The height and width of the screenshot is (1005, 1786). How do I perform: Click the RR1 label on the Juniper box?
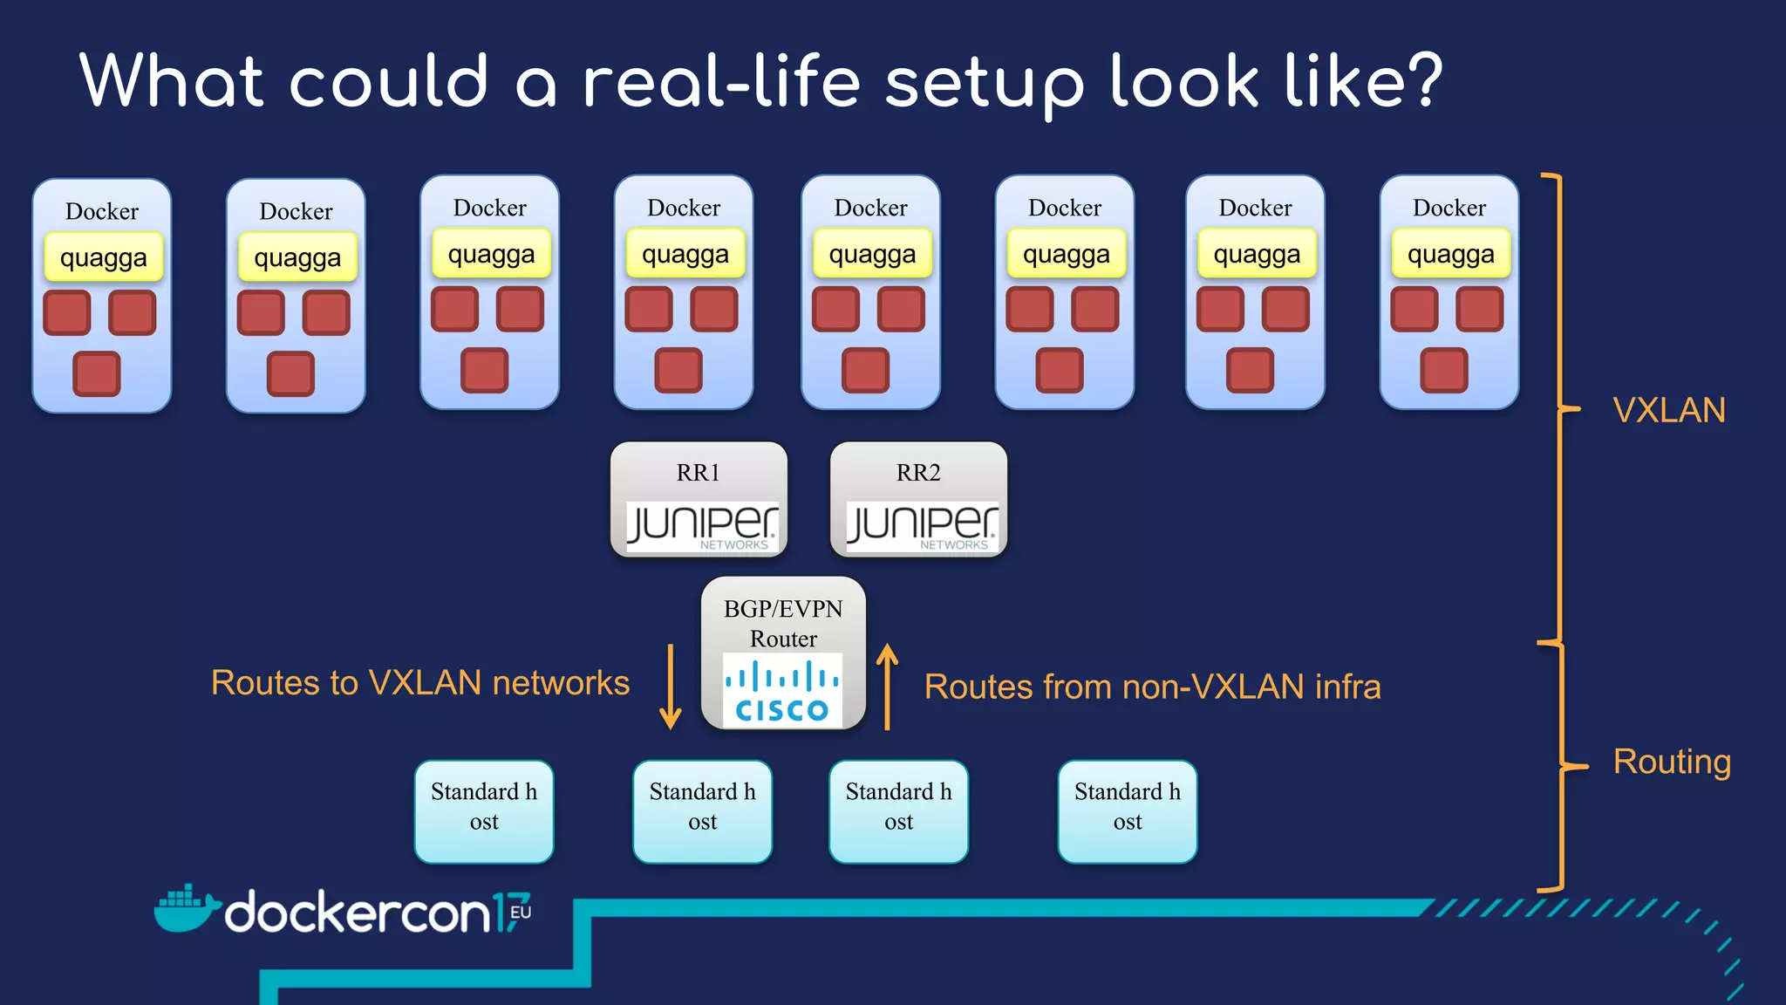tap(698, 472)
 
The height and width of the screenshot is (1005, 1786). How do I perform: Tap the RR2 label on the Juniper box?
tap(918, 472)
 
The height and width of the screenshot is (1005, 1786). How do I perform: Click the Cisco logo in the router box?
tap(782, 691)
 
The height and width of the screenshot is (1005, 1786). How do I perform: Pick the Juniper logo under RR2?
tap(921, 526)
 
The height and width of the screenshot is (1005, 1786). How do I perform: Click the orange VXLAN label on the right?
tap(1668, 410)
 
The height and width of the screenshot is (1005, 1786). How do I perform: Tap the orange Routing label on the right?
tap(1671, 762)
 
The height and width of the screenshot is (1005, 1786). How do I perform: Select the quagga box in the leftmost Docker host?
tap(103, 257)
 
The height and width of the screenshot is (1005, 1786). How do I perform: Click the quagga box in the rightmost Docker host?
tap(1450, 254)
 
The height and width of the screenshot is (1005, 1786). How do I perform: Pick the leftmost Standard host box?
tap(484, 811)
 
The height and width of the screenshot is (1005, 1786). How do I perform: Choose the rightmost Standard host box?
tap(1127, 811)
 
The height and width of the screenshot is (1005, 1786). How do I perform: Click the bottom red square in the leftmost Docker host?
tap(96, 374)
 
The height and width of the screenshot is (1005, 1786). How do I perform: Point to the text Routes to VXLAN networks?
tap(419, 682)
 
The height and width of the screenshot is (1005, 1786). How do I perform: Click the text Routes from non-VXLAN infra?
tap(1152, 687)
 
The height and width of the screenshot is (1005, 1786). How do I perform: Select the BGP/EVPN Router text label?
tap(783, 623)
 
